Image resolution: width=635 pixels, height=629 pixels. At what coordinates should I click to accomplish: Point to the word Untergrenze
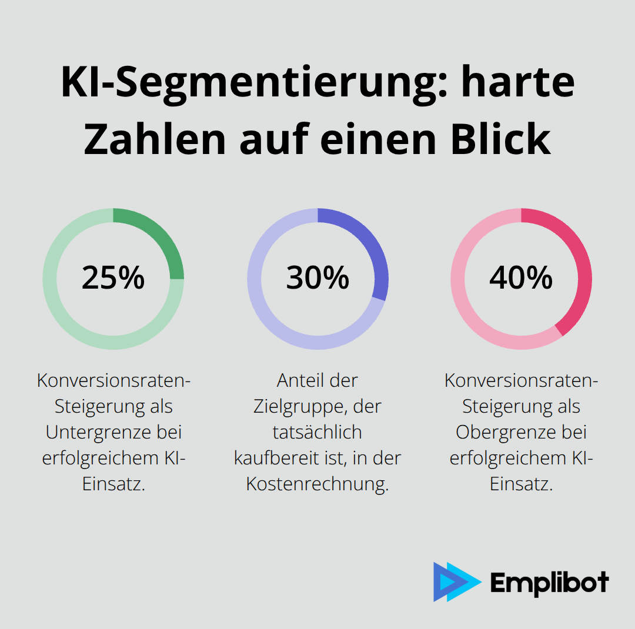[x=97, y=432]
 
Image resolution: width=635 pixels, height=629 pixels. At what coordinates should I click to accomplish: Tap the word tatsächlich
[x=317, y=432]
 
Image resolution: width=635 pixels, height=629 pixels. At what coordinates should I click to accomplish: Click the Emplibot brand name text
[x=549, y=583]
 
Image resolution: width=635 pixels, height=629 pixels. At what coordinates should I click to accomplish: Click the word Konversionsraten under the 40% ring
[x=519, y=380]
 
